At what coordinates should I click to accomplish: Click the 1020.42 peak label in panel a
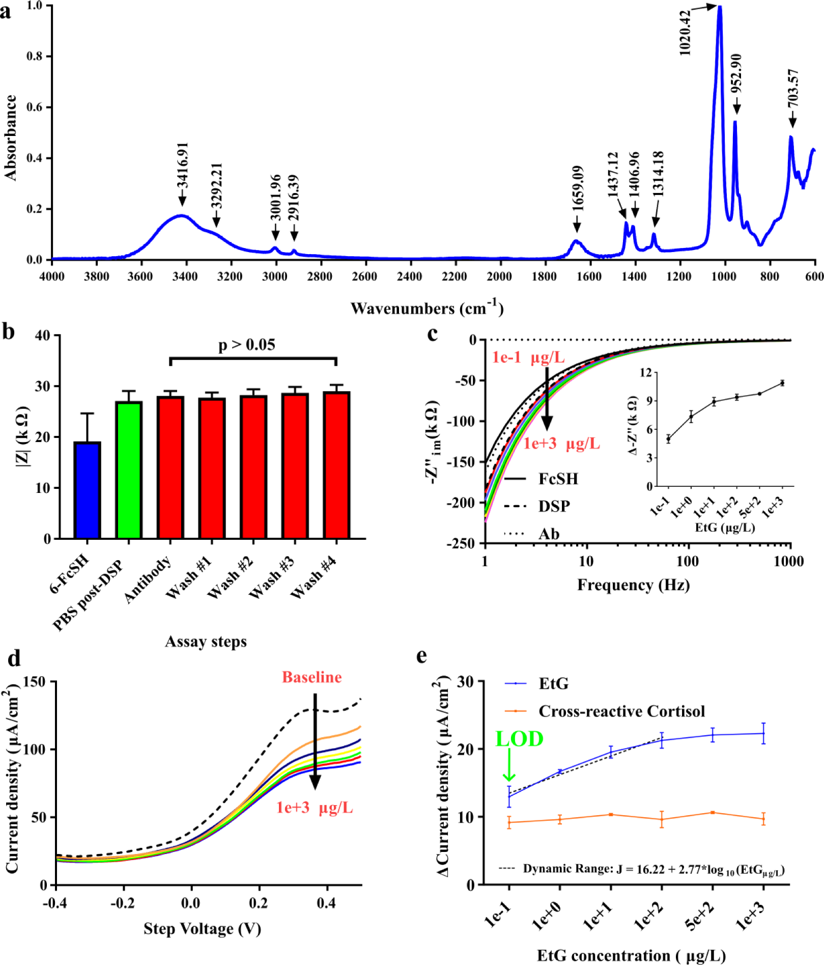685,33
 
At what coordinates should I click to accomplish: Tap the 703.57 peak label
793,88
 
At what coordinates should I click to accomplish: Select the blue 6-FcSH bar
88,490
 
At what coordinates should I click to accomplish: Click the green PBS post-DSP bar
129,470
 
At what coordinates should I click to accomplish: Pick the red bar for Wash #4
336,465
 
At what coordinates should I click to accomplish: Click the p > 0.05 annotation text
247,345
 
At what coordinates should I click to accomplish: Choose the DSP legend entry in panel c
537,506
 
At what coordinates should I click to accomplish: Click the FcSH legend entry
541,479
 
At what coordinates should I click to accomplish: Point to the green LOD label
520,739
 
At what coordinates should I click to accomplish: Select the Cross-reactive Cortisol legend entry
605,711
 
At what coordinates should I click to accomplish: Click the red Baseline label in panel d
312,677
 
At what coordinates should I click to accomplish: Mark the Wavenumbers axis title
427,308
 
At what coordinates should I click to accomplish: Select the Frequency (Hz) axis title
633,585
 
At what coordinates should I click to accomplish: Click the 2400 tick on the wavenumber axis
409,277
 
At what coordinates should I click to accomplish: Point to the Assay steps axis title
206,642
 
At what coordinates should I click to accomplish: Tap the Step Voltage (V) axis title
203,929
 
